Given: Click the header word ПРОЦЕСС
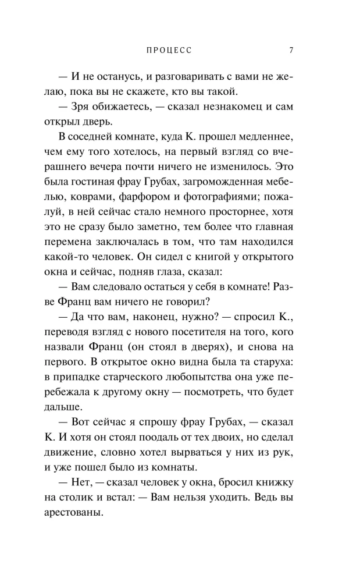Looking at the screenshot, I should coord(169,50).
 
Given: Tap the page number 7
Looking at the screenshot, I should coord(291,50).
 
